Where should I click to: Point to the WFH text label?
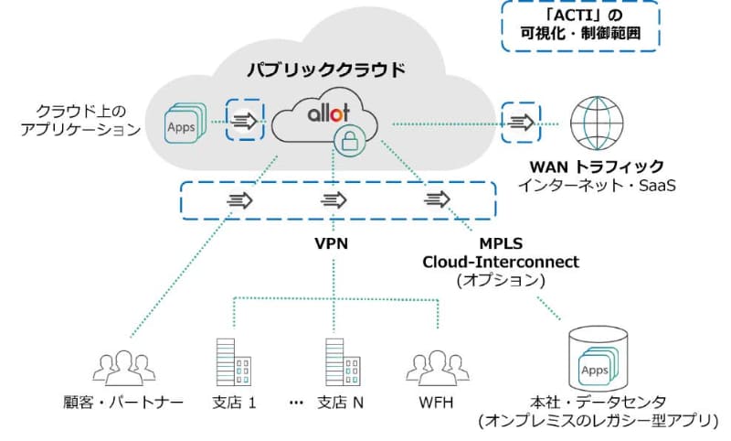click(x=430, y=403)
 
